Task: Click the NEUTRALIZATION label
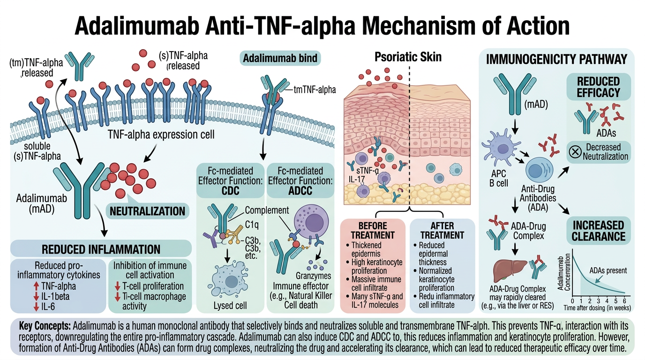(x=148, y=211)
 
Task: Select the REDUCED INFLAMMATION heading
(x=101, y=249)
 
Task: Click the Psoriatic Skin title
(x=408, y=57)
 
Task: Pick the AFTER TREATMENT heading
(x=442, y=230)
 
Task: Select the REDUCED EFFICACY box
(x=598, y=87)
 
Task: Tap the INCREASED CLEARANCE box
(x=598, y=230)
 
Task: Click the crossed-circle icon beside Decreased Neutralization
(x=575, y=152)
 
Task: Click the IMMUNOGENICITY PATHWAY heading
(x=557, y=60)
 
